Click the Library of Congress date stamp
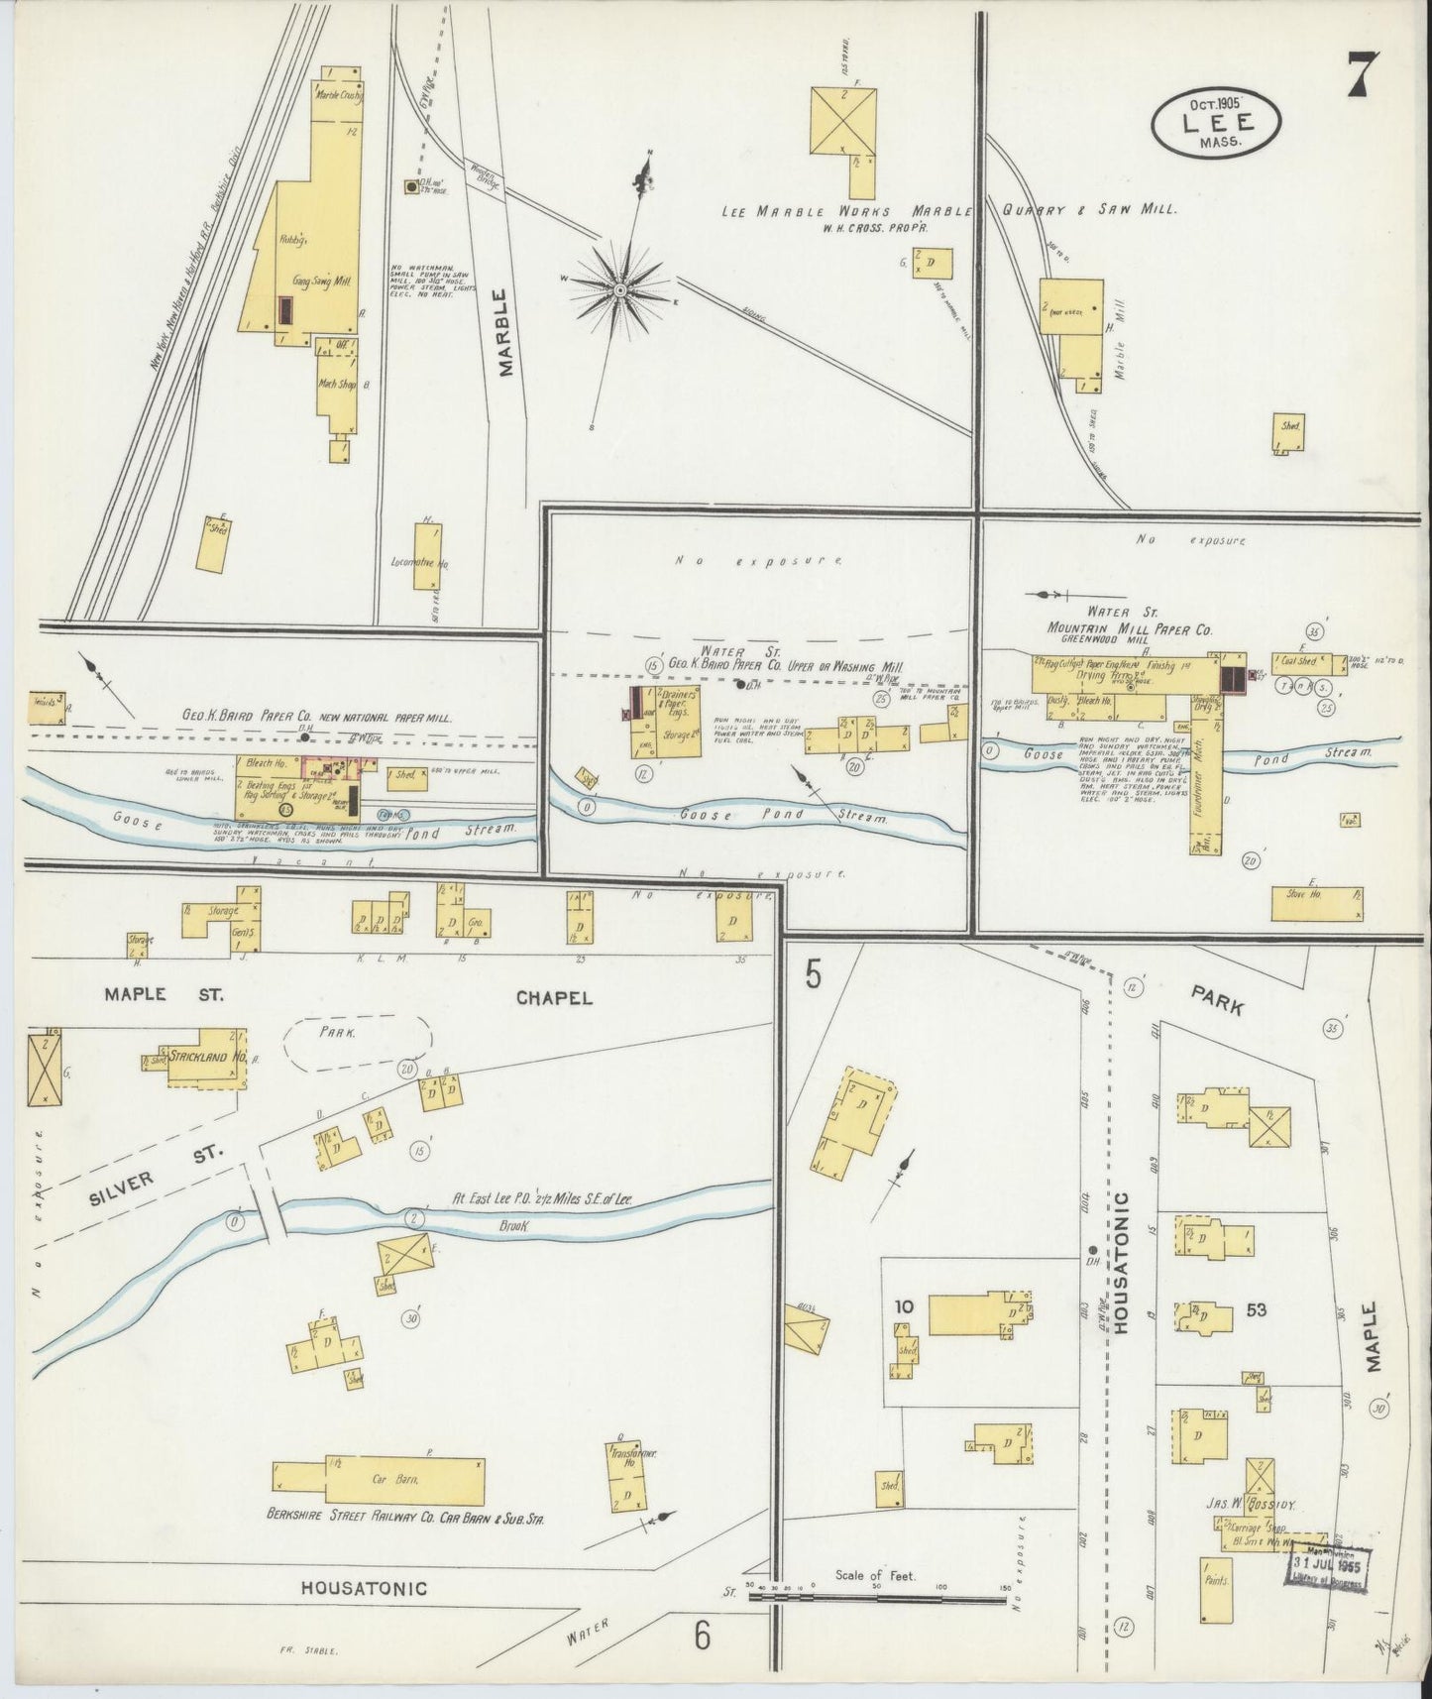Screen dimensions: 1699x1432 [1327, 1567]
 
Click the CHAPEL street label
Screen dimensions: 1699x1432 [553, 997]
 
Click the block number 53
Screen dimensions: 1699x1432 [1256, 1309]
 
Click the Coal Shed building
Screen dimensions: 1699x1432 [1298, 661]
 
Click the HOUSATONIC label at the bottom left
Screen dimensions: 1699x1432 [364, 1588]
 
